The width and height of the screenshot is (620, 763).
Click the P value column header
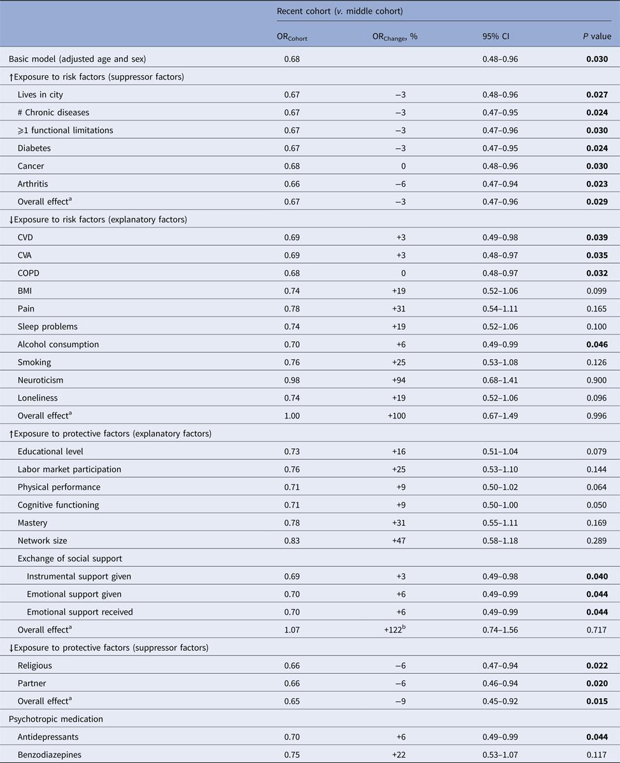[594, 37]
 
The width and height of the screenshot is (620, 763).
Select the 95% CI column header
[495, 37]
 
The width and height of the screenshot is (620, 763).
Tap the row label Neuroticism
[41, 380]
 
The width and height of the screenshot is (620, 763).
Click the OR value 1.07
[292, 630]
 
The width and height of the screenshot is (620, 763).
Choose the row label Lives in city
[41, 95]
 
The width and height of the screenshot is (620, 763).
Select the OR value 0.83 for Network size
[292, 541]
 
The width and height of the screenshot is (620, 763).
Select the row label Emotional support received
[80, 612]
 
